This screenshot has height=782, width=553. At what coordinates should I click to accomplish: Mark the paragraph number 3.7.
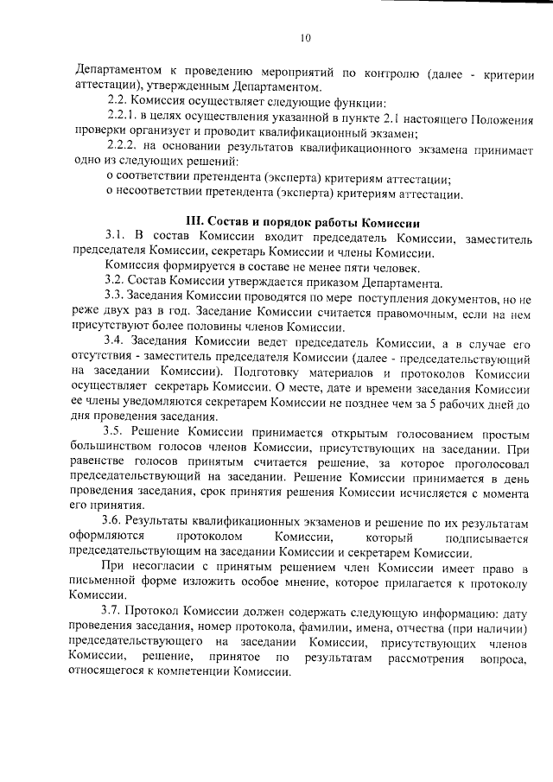pyautogui.click(x=116, y=612)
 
